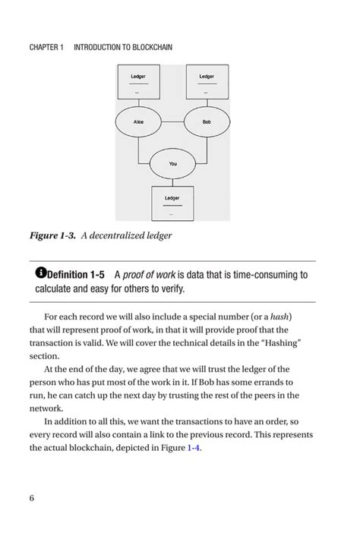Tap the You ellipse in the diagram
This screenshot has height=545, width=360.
(x=172, y=163)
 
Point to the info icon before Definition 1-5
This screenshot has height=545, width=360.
(x=41, y=272)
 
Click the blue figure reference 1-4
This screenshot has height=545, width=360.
(x=194, y=449)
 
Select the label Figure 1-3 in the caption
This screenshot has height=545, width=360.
(x=52, y=236)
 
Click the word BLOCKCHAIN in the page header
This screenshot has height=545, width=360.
(x=148, y=48)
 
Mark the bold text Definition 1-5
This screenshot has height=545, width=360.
(x=75, y=274)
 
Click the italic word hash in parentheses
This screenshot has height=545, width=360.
(x=281, y=316)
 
